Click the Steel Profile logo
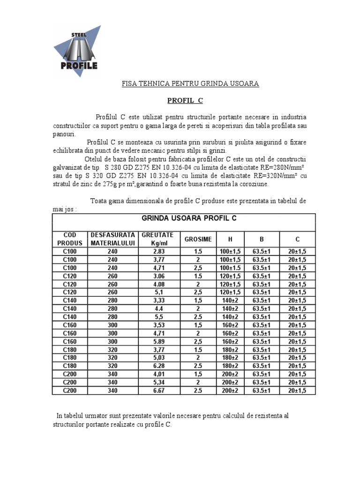77,51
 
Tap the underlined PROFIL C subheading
186,100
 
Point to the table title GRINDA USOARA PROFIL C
189,218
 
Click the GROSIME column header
198,239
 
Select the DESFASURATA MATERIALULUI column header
112,239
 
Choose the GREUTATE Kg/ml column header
156,239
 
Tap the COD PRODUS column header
69,239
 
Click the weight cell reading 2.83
156,252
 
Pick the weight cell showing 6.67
156,390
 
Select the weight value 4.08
156,284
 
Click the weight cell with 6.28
156,366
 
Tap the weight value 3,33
156,300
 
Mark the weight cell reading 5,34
156,382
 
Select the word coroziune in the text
253,184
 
